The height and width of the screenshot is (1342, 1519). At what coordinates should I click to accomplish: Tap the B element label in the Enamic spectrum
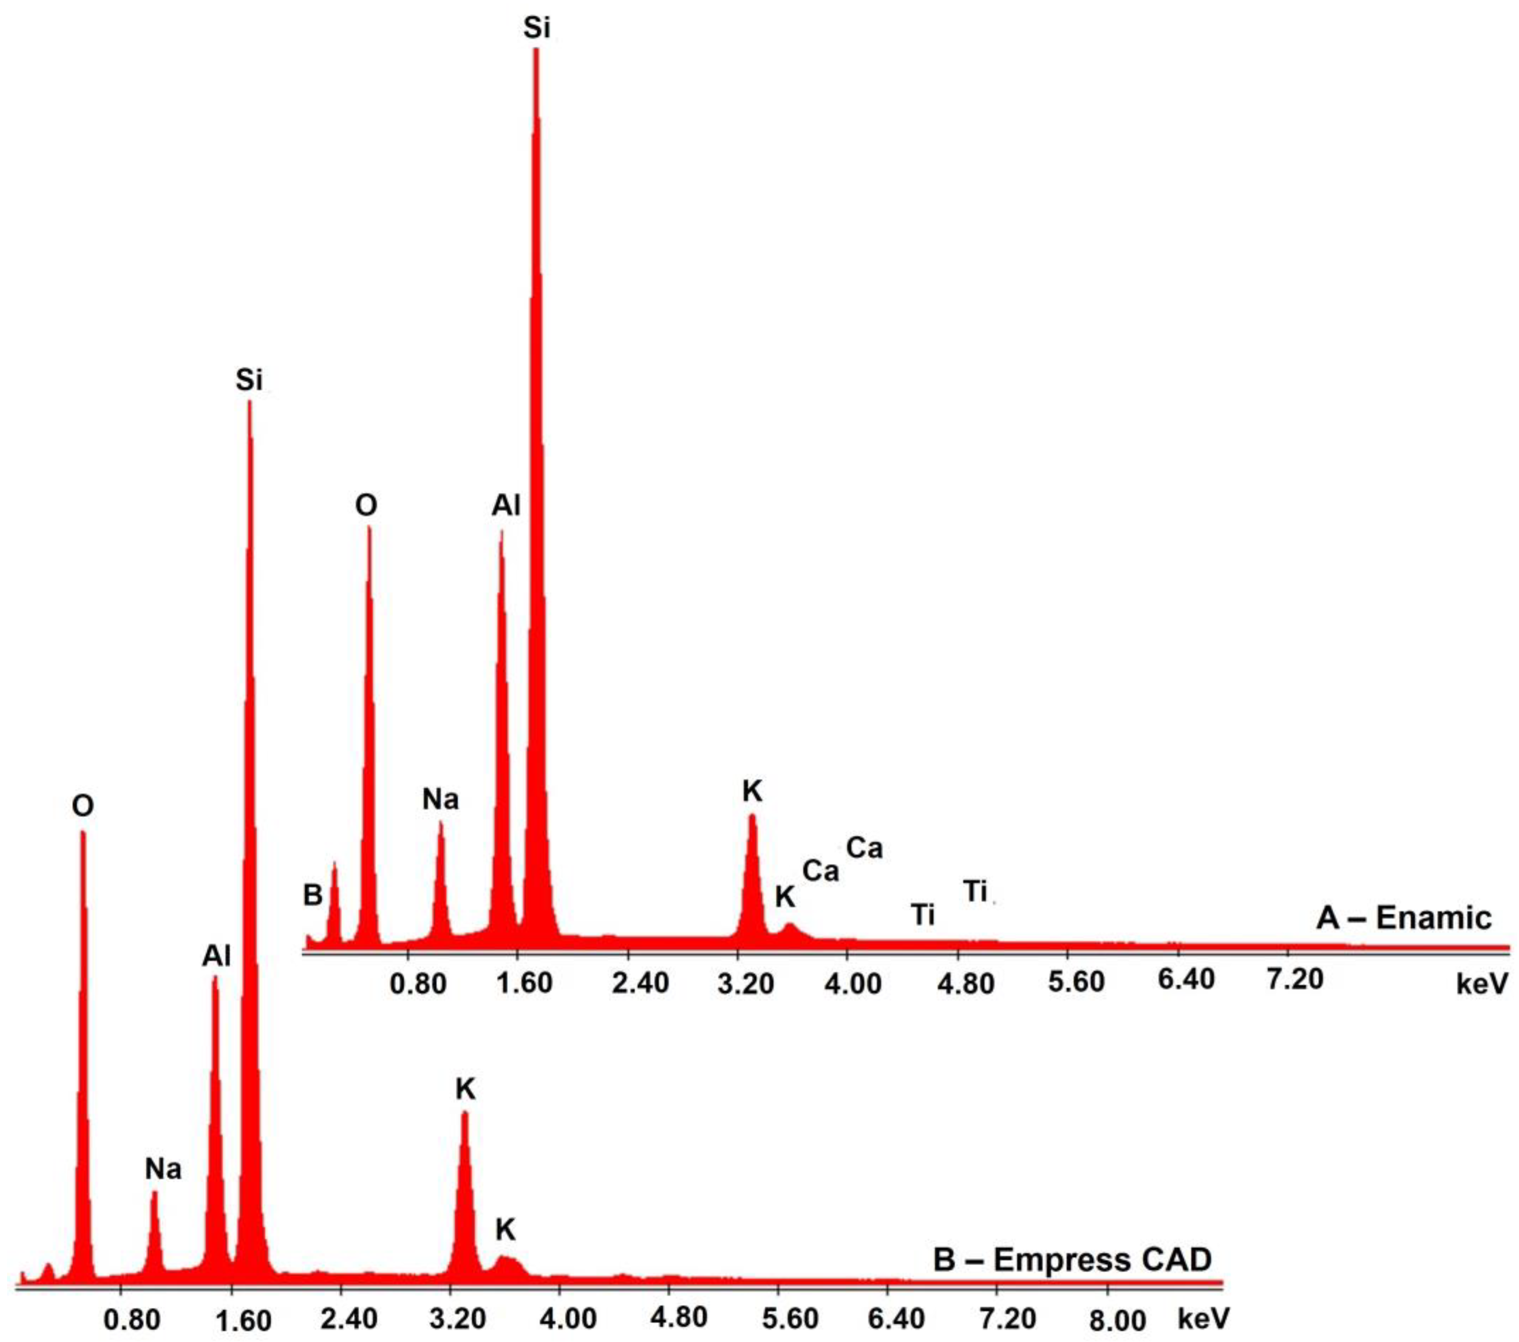pyautogui.click(x=313, y=895)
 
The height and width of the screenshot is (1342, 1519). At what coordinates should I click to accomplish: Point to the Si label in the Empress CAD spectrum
pyautogui.click(x=249, y=380)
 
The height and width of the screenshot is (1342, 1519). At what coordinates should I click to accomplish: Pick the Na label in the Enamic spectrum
pyautogui.click(x=441, y=799)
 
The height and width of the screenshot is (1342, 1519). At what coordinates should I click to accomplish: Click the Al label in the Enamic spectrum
pyautogui.click(x=506, y=506)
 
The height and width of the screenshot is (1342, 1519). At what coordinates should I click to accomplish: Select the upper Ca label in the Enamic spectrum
pyautogui.click(x=864, y=848)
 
